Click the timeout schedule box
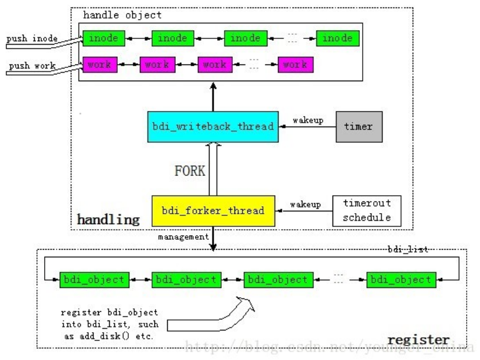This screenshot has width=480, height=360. pos(366,211)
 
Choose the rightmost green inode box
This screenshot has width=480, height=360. pos(337,38)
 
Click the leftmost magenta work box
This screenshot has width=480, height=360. pos(101,64)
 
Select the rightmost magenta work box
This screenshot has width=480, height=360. pos(295,64)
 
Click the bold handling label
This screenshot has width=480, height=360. pos(108,220)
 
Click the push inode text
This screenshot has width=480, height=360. pos(32,38)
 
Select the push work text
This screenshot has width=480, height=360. pos(32,65)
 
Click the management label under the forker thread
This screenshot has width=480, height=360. pos(182,236)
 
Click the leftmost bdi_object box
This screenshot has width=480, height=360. pos(92,279)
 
